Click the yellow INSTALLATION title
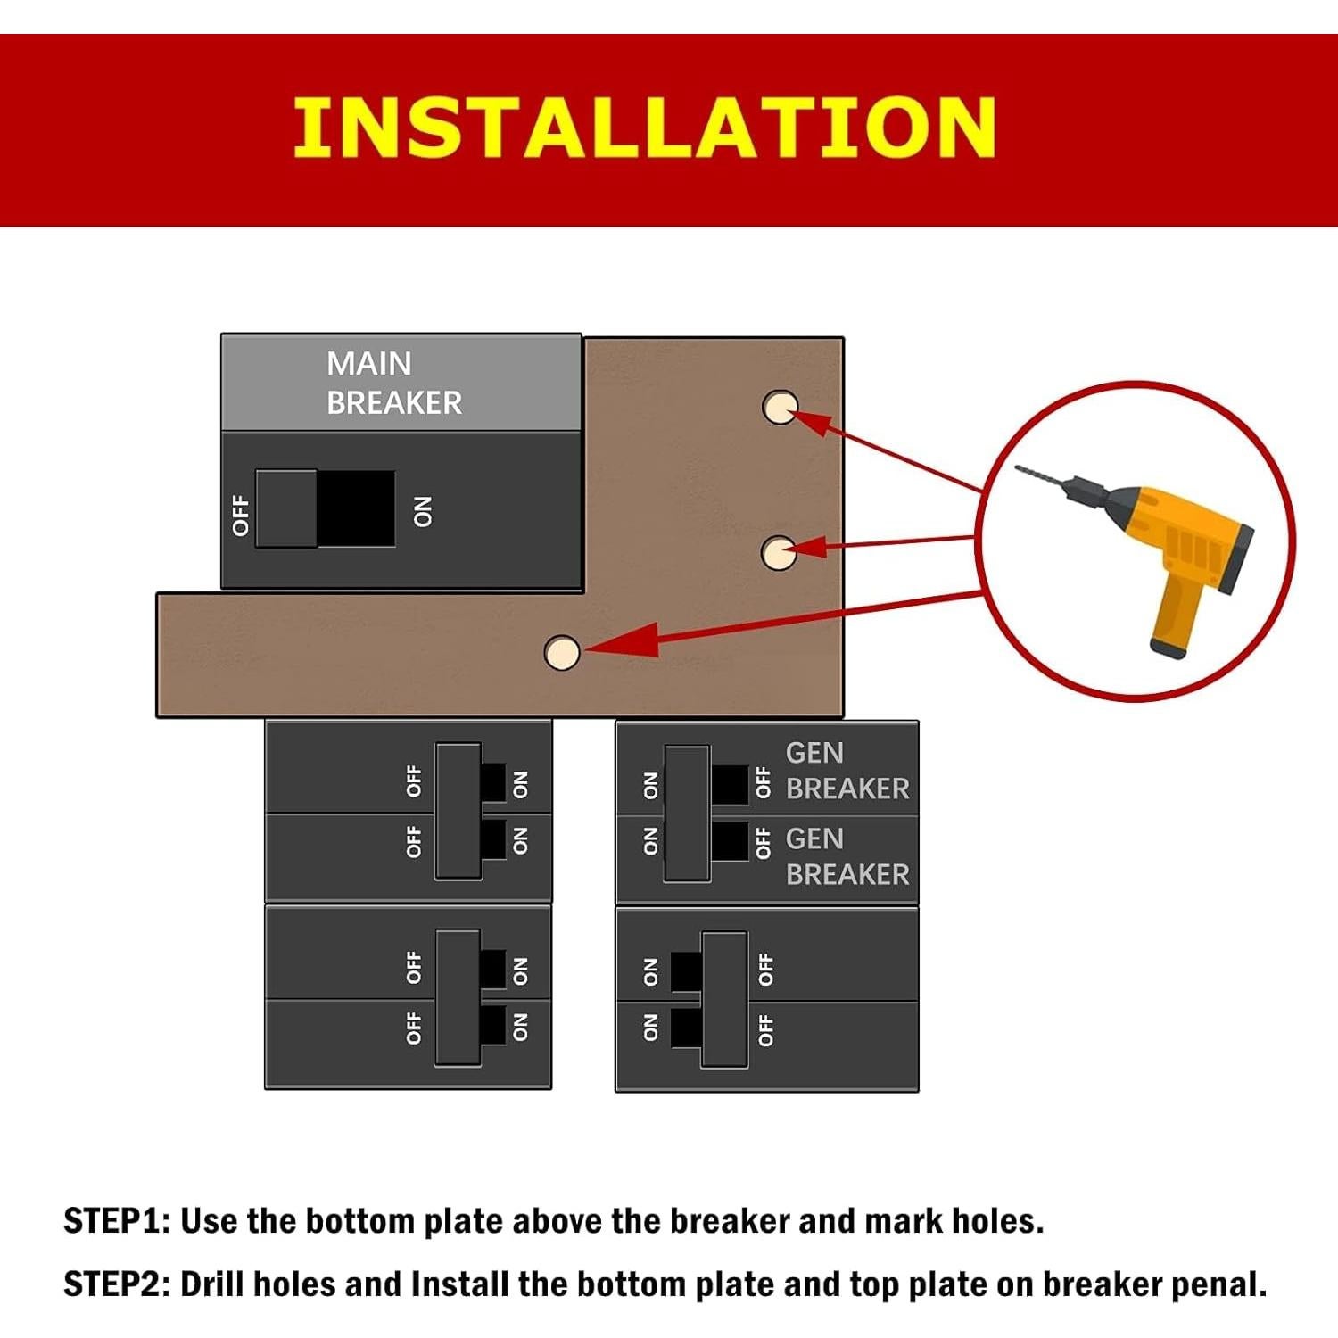(x=644, y=128)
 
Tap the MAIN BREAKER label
(x=393, y=383)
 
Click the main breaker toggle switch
(x=287, y=508)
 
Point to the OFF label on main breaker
(x=240, y=515)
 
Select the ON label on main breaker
(x=423, y=512)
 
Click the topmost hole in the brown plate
(x=780, y=407)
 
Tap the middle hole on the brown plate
(x=778, y=553)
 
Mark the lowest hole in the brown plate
(x=561, y=652)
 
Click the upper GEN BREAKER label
(x=847, y=771)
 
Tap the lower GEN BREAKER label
(x=847, y=856)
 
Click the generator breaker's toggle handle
(x=687, y=813)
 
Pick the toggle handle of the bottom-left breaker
(x=458, y=997)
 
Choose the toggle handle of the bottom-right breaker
(x=723, y=999)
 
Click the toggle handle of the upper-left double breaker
(x=458, y=811)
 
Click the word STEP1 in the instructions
(x=116, y=1221)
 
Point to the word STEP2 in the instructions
(x=116, y=1284)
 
